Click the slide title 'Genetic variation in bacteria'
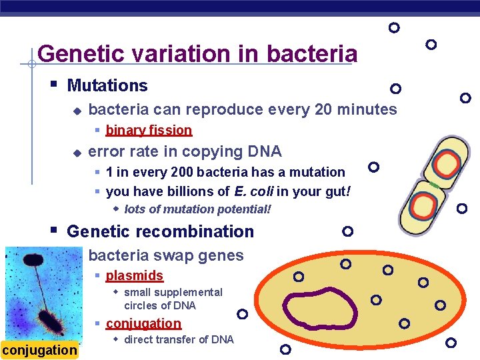197,53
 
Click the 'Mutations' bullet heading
107,85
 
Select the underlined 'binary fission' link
149,130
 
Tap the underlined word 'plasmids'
134,275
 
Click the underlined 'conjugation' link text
143,323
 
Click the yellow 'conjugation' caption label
39,350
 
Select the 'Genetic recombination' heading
161,231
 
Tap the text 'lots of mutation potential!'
198,209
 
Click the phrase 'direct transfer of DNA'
179,339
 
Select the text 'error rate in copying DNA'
185,151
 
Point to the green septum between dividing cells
435,184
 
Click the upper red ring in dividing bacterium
445,163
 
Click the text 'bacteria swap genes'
166,255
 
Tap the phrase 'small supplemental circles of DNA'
173,299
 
